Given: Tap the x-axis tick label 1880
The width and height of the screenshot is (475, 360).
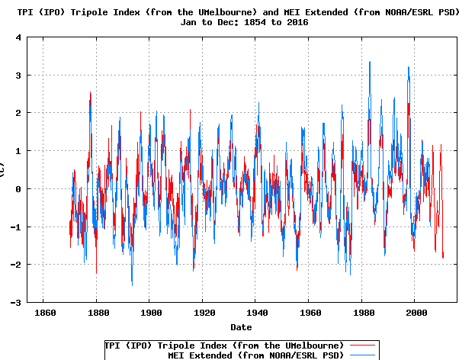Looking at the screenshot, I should pyautogui.click(x=97, y=313).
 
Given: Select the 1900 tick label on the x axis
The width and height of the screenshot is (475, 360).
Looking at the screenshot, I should pyautogui.click(x=150, y=313).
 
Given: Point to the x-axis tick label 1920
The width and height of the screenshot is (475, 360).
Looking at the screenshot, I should pyautogui.click(x=204, y=313).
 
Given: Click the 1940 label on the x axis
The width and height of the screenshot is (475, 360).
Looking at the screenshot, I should pyautogui.click(x=257, y=313).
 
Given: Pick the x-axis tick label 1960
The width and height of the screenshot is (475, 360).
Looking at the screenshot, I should pyautogui.click(x=310, y=313).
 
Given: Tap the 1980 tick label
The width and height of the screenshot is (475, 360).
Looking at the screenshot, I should pyautogui.click(x=363, y=313).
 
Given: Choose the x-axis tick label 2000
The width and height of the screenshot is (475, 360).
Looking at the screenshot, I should pyautogui.click(x=416, y=313).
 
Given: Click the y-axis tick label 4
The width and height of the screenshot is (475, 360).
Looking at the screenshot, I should pyautogui.click(x=16, y=37).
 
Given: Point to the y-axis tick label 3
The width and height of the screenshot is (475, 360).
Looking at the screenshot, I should pyautogui.click(x=16, y=75).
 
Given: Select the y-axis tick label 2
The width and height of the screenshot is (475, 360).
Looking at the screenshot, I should pyautogui.click(x=16, y=113).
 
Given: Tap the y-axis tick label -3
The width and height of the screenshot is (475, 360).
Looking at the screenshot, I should pyautogui.click(x=13, y=303).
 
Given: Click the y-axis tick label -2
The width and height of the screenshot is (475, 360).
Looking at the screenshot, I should pyautogui.click(x=13, y=265).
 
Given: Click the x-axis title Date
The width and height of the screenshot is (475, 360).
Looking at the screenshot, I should pyautogui.click(x=241, y=327).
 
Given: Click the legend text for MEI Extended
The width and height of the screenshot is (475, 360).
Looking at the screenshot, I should pyautogui.click(x=255, y=355).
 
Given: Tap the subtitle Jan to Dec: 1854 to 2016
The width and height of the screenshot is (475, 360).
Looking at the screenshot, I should pyautogui.click(x=241, y=22).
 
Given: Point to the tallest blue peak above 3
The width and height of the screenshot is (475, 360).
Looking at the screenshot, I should pyautogui.click(x=370, y=63).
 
